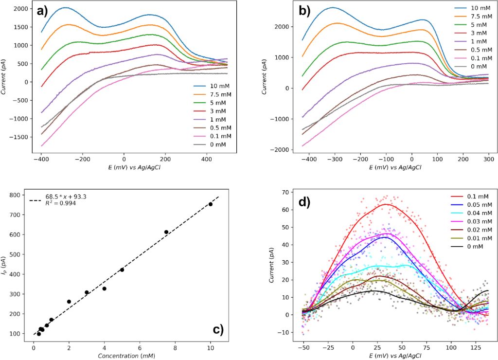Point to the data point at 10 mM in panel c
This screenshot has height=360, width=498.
click(211, 204)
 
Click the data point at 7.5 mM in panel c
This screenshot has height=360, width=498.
click(166, 232)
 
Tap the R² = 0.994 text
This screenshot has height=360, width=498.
click(57, 203)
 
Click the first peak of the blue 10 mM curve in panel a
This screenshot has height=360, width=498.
click(65, 8)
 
